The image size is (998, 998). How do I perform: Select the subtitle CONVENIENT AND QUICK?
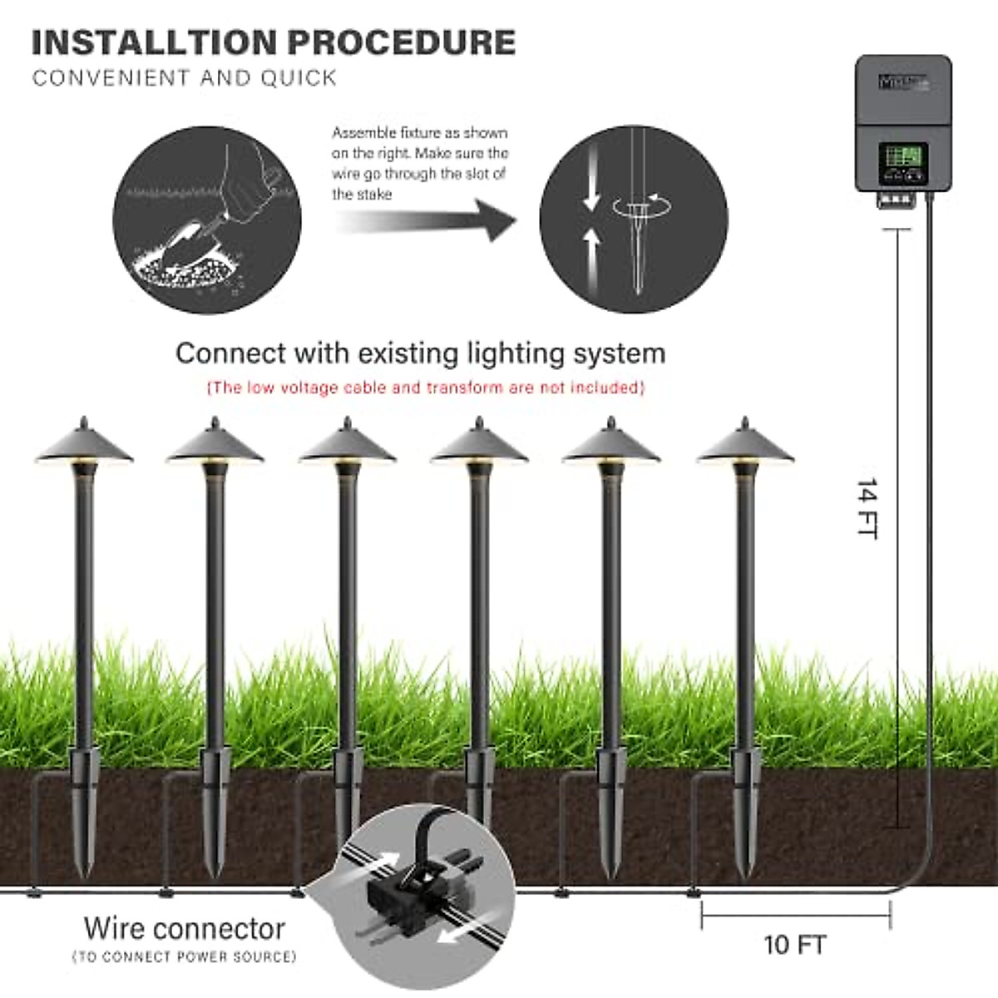tap(185, 78)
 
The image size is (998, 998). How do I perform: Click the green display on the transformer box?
tap(903, 156)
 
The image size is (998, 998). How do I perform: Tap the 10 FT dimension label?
tap(794, 945)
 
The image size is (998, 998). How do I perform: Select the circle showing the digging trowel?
tap(207, 220)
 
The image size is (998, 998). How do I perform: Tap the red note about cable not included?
tap(425, 388)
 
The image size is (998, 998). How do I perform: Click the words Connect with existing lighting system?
tap(420, 353)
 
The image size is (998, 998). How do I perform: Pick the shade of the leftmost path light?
tap(83, 445)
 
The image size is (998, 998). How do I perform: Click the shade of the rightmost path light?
tap(744, 445)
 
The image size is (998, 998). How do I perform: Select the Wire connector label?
tap(185, 928)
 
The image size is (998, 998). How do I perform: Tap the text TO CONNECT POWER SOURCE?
tap(185, 957)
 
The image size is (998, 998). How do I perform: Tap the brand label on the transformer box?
tap(903, 82)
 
